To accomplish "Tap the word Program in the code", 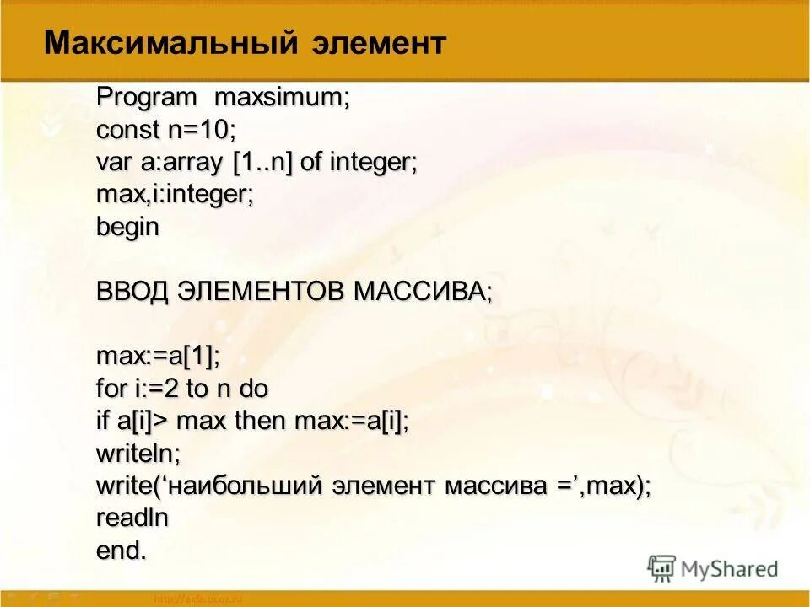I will tap(146, 98).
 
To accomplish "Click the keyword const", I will tap(127, 131).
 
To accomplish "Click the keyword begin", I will tap(127, 228).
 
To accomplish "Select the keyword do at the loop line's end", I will tap(253, 389).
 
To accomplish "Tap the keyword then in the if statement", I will tap(262, 422).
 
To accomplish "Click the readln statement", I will tap(132, 518).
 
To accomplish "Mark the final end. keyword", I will tap(121, 551).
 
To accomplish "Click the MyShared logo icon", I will tap(661, 568).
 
